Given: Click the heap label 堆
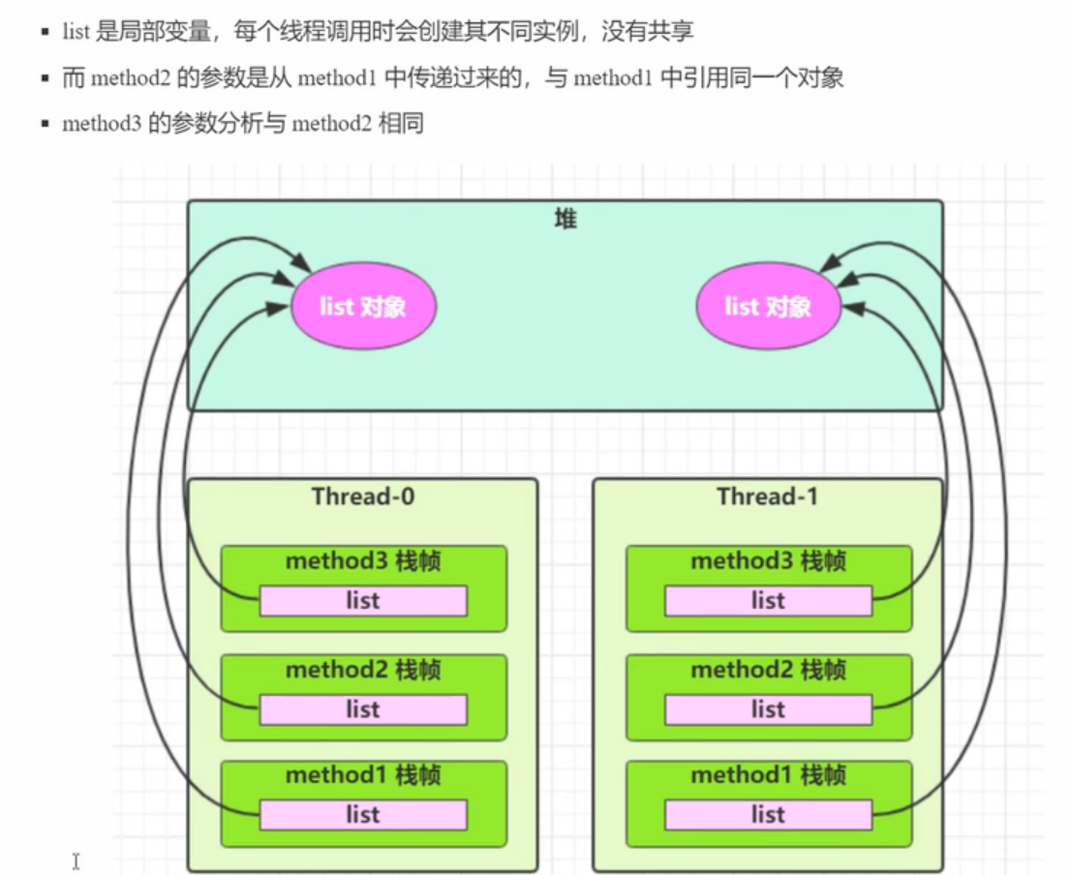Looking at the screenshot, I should point(566,220).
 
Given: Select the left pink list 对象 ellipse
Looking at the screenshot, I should point(363,307).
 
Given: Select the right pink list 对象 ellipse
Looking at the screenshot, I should point(768,307).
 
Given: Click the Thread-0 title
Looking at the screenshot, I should point(363,497).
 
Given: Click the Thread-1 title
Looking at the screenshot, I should point(768,497).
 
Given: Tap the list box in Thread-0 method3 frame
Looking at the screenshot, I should point(363,601).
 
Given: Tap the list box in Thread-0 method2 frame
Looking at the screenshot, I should point(363,709).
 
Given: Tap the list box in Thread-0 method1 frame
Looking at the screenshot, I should point(363,815).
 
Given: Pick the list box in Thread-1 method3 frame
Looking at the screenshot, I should point(768,601).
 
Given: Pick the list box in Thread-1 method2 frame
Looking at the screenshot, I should point(768,709).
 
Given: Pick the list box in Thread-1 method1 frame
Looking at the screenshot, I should point(768,815).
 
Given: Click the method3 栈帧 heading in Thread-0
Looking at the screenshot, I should point(363,561).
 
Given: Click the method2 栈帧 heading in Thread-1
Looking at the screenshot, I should point(768,670).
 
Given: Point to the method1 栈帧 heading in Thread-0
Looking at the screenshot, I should point(363,775).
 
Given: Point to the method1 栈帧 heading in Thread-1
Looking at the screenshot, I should point(768,775).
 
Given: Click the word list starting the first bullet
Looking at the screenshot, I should point(76,32).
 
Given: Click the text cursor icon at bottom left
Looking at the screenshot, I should point(76,860).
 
